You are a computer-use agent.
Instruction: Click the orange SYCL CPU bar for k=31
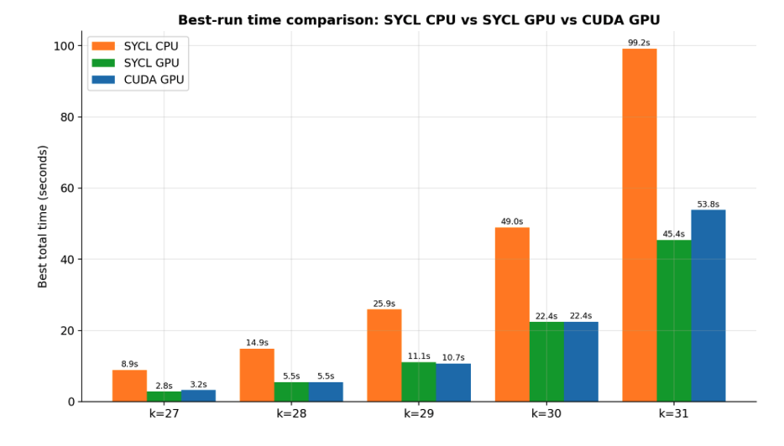click(x=640, y=225)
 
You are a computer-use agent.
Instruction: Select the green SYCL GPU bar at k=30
click(x=546, y=361)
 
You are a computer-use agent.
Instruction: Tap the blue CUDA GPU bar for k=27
click(x=198, y=396)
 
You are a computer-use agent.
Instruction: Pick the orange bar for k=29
click(x=384, y=355)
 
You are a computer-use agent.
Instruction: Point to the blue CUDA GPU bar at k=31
click(x=708, y=306)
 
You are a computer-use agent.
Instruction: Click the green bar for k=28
click(x=291, y=392)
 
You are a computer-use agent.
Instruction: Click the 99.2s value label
click(x=639, y=43)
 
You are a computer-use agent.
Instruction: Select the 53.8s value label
click(x=708, y=205)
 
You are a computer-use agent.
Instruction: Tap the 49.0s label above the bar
click(x=512, y=221)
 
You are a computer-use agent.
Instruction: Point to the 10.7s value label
click(x=453, y=358)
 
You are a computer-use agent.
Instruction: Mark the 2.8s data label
click(x=164, y=386)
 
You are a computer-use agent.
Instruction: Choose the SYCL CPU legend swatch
click(x=103, y=46)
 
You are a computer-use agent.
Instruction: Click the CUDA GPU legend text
click(x=154, y=80)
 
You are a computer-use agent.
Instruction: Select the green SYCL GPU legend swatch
click(x=103, y=63)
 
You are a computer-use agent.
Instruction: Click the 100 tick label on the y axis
click(x=64, y=46)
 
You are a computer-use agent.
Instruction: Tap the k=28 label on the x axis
click(x=291, y=413)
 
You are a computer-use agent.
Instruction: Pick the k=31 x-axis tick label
click(x=673, y=413)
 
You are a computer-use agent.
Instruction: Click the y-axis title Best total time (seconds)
click(x=43, y=217)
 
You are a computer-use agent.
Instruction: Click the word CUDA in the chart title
click(x=600, y=20)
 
